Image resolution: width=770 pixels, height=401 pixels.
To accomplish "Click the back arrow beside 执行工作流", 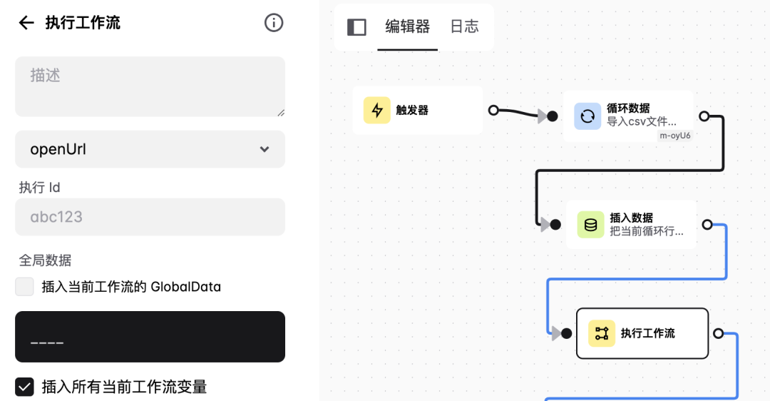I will tap(26, 23).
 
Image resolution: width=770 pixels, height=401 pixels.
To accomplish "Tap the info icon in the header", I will tap(274, 23).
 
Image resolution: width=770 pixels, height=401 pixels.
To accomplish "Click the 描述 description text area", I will tap(150, 86).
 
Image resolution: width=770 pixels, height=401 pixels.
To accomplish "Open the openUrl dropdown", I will tap(150, 149).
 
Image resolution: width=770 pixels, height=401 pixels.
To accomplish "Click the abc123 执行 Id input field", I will tap(150, 217).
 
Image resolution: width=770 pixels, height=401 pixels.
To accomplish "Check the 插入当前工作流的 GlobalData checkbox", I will tap(25, 287).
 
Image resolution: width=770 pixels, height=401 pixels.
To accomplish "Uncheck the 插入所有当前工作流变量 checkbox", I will tap(25, 387).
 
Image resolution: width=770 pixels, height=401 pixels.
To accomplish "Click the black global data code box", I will tap(150, 337).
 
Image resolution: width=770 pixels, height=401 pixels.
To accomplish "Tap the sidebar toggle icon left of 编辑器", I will tap(356, 27).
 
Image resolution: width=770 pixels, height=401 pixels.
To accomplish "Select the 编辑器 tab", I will tap(407, 27).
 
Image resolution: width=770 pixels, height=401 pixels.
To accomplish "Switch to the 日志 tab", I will tap(465, 27).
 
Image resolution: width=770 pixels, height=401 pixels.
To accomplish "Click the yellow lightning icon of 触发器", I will tap(377, 111).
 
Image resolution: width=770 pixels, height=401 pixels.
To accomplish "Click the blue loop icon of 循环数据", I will tap(587, 116).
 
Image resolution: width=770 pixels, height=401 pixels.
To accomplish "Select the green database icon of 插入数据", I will tap(590, 225).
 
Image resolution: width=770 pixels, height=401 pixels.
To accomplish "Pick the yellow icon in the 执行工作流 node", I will tap(602, 333).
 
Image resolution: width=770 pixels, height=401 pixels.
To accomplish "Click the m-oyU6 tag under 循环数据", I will tap(674, 136).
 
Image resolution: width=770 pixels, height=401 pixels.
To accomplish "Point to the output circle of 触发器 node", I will tap(493, 110).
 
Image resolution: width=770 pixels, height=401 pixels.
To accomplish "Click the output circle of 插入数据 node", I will tap(707, 225).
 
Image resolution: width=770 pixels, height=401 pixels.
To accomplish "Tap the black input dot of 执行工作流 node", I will tap(566, 333).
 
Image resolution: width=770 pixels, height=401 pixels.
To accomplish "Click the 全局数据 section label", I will tap(46, 260).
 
